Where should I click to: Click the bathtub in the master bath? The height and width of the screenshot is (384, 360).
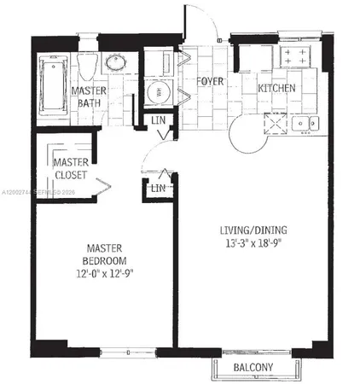coord(52,88)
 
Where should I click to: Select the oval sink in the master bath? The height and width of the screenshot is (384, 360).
coord(114,63)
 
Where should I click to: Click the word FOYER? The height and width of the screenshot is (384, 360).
coord(209,83)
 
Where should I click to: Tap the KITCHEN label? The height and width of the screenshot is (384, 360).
coord(277,88)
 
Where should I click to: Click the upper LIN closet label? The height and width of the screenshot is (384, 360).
coord(158,122)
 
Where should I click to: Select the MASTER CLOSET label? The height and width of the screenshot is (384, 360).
coord(72,168)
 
